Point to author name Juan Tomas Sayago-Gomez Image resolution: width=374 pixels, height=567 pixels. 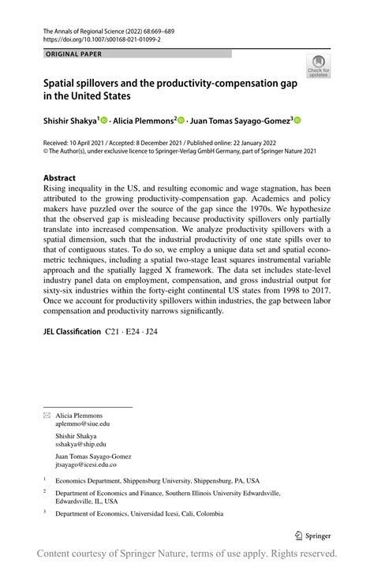(x=241, y=121)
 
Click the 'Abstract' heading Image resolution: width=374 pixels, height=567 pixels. (x=60, y=178)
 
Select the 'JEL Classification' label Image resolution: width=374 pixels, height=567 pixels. (x=72, y=331)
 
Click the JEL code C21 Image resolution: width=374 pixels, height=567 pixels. (x=115, y=331)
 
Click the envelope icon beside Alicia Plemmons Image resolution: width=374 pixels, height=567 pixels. (x=47, y=415)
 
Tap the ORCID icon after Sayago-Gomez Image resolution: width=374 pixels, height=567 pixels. (x=297, y=121)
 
